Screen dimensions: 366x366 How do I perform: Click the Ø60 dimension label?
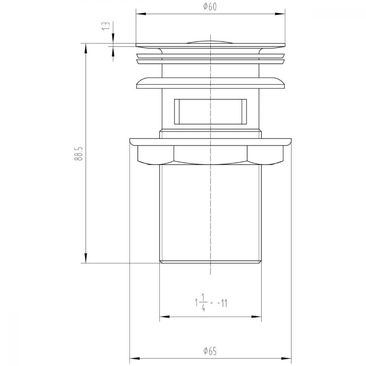[x=210, y=7]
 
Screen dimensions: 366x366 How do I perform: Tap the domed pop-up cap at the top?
[x=210, y=41]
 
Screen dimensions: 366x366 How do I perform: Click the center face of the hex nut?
[x=210, y=154]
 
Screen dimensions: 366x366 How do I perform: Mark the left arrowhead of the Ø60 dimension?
[x=139, y=14]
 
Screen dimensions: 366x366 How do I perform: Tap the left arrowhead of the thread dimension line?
[x=163, y=317]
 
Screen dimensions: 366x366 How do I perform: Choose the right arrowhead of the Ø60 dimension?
[x=282, y=14]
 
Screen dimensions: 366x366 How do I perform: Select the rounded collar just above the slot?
[x=210, y=82]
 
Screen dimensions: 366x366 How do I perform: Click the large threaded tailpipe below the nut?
[x=210, y=212]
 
